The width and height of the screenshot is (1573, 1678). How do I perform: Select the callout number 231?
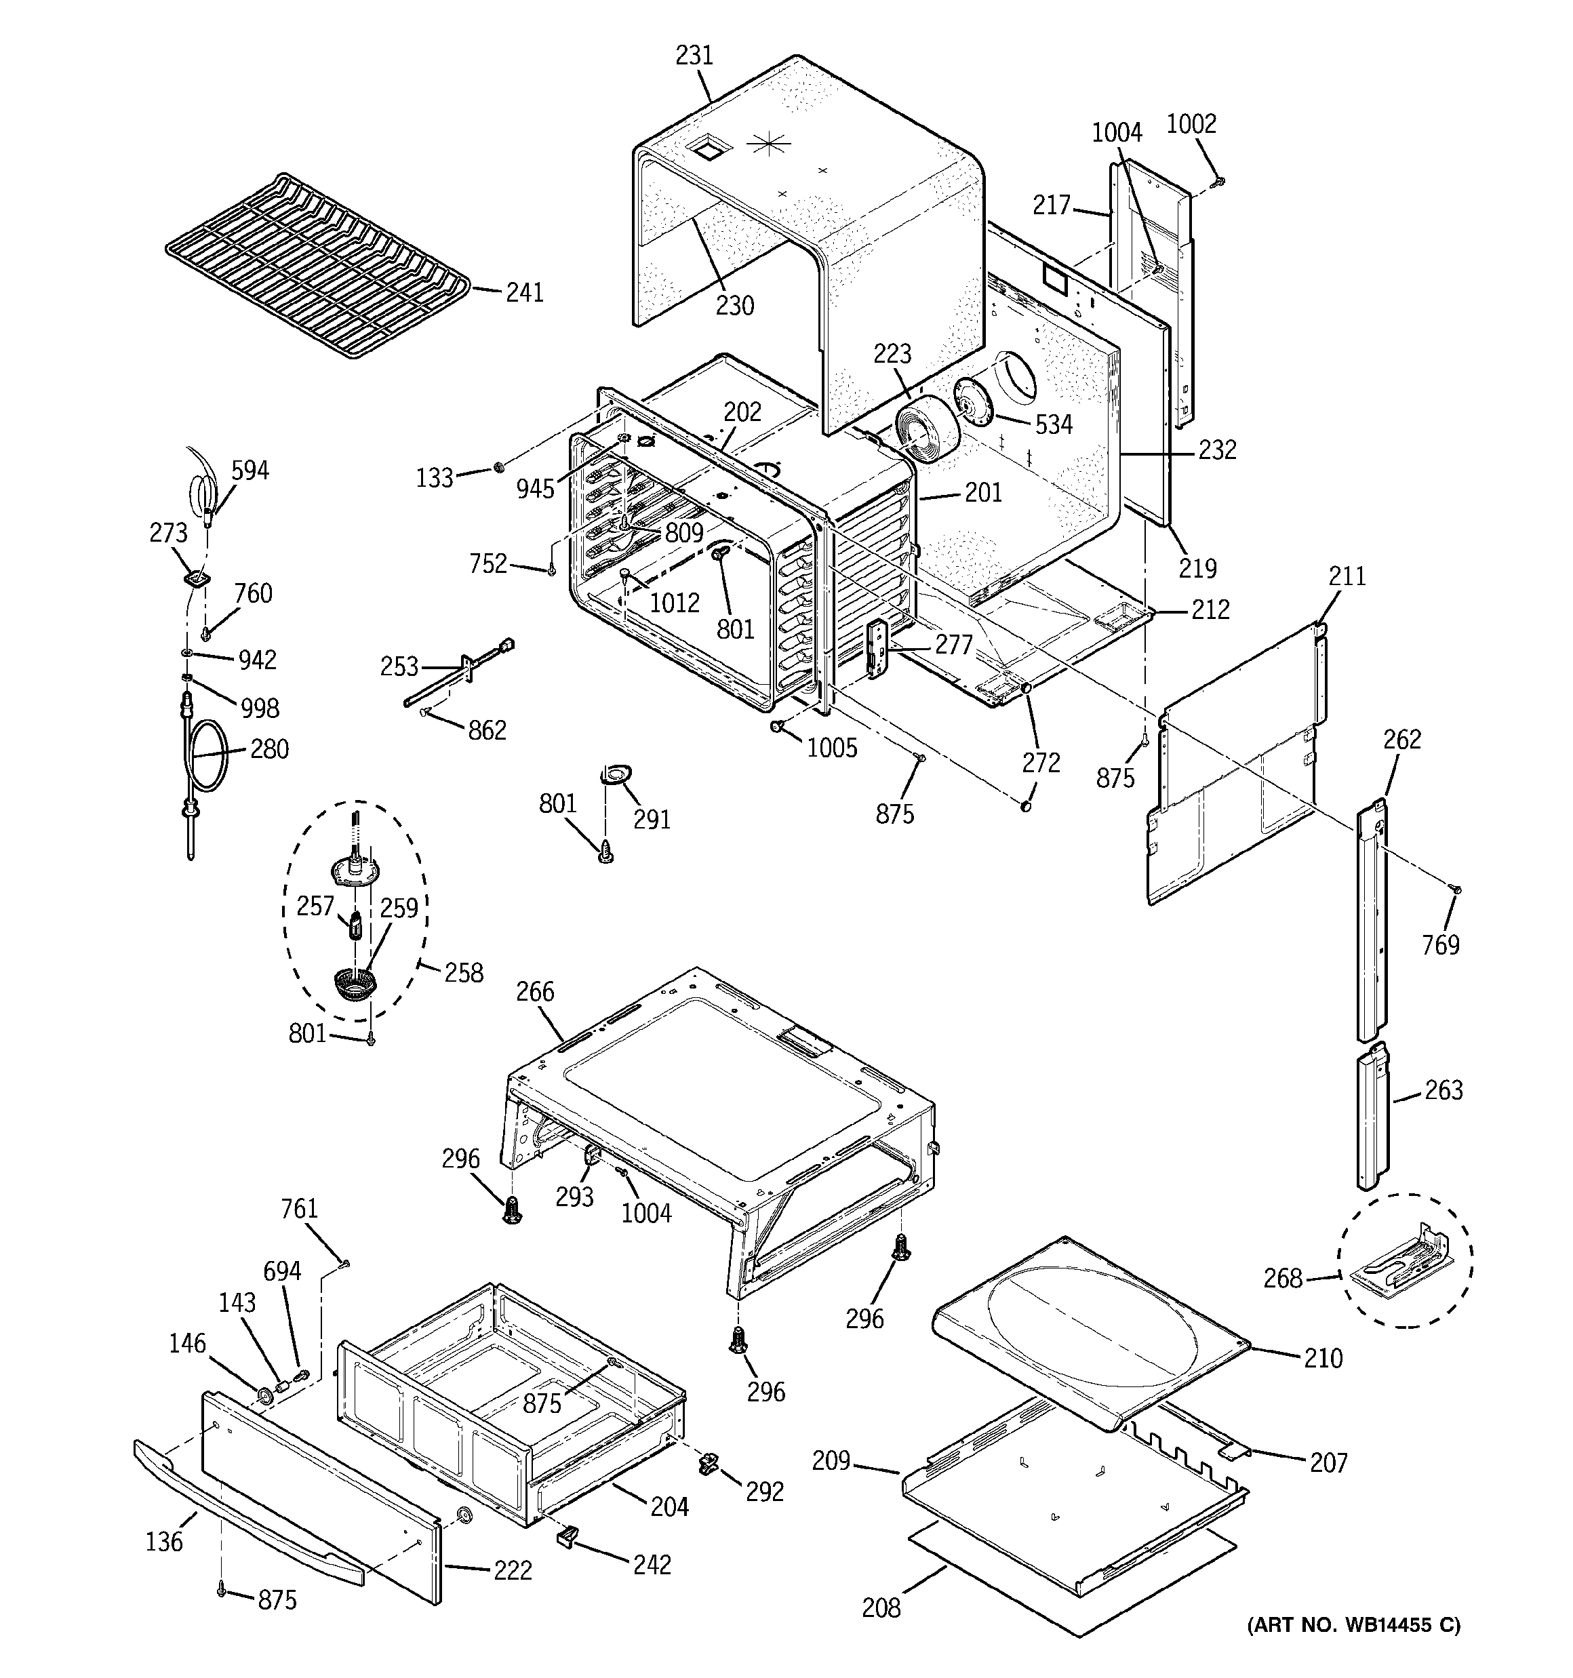(694, 56)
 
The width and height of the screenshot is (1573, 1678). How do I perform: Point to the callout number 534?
(1053, 424)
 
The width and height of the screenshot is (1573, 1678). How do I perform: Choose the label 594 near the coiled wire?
(250, 470)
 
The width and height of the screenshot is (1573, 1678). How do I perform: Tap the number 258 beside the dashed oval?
(464, 973)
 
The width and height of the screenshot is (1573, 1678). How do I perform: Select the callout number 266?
(536, 991)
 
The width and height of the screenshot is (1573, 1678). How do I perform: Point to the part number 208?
(881, 1608)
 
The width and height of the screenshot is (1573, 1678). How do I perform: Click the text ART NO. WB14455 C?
(1353, 1625)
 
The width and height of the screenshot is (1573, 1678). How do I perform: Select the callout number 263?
(1443, 1091)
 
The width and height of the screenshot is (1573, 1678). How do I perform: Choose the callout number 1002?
(1191, 124)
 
